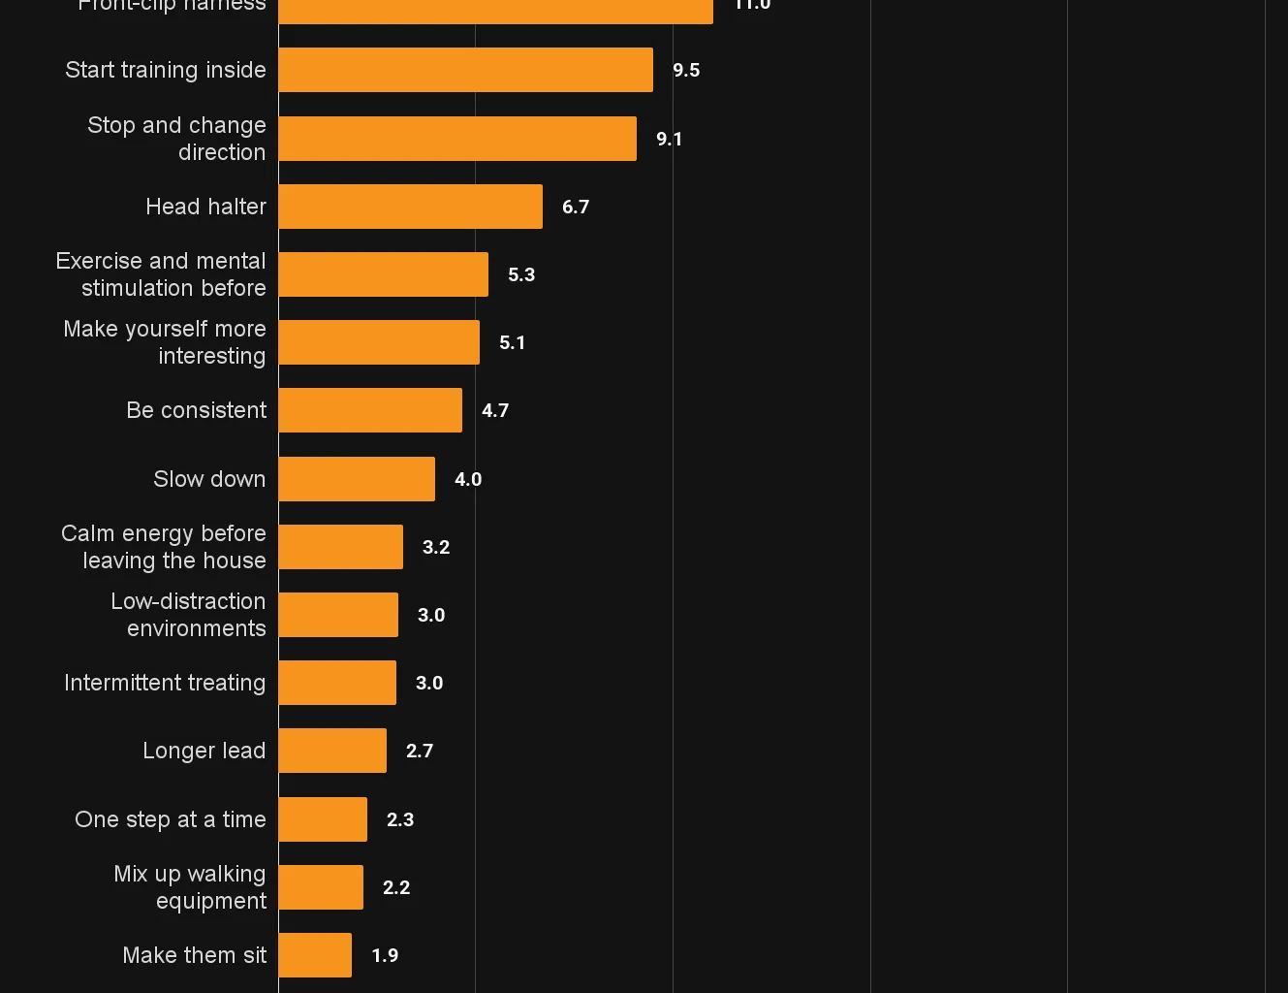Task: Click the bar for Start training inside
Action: (465, 70)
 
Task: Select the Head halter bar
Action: (410, 207)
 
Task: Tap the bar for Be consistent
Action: (370, 410)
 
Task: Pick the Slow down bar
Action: (357, 479)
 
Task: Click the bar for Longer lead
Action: (332, 751)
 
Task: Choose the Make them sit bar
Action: (315, 955)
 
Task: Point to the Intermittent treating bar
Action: (337, 683)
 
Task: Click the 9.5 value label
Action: (686, 70)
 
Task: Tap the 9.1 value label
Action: (669, 139)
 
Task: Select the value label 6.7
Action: (576, 207)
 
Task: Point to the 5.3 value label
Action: (521, 274)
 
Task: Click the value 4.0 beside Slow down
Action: (468, 479)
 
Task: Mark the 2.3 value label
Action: (400, 819)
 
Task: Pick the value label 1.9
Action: (385, 955)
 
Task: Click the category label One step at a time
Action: (171, 819)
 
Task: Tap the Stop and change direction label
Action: (176, 139)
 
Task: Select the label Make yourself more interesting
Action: (165, 342)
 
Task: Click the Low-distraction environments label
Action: (188, 615)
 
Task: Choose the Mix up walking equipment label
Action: (190, 887)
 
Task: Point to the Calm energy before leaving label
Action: (164, 547)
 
